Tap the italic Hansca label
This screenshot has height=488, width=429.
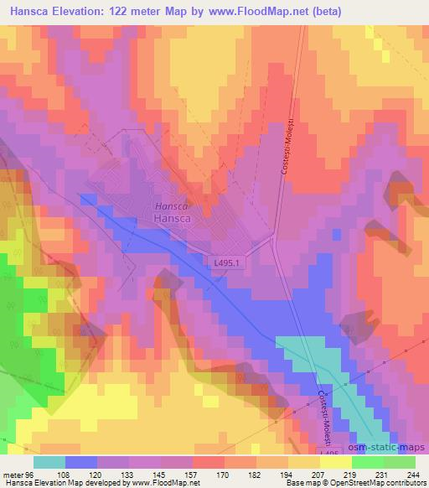click(171, 205)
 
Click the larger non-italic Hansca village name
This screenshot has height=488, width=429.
click(174, 217)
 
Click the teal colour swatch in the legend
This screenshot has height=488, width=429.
click(49, 462)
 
